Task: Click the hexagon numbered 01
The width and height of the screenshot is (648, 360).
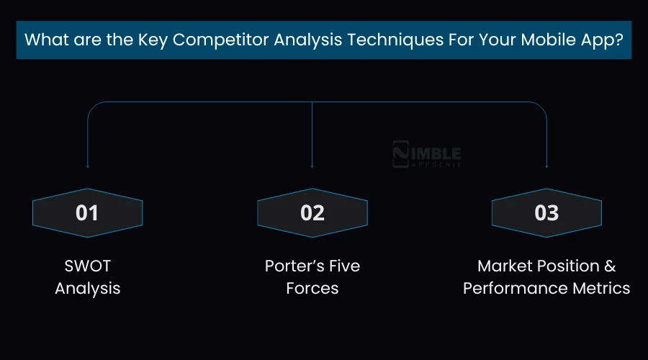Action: [x=87, y=213]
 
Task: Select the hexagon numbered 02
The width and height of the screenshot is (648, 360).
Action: [x=312, y=213]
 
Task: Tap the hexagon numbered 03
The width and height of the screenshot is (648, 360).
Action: [x=546, y=213]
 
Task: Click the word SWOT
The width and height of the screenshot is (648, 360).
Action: [x=87, y=266]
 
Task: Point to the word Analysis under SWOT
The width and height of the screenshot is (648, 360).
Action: [x=87, y=289]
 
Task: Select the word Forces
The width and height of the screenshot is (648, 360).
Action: [x=312, y=289]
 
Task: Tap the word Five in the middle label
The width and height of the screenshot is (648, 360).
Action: [x=343, y=266]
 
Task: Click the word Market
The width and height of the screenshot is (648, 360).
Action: [x=508, y=266]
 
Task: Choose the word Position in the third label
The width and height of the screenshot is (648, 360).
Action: [x=571, y=266]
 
